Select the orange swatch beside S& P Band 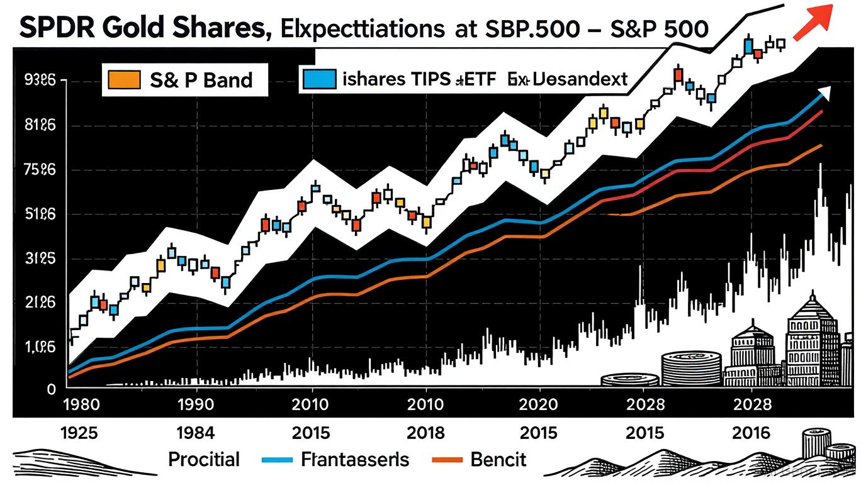click(x=123, y=80)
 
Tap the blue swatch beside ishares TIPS click(x=317, y=79)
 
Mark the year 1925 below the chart click(x=79, y=433)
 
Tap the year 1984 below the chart click(x=196, y=433)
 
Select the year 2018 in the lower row click(x=427, y=433)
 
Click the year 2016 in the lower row click(x=751, y=433)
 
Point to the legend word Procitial click(x=204, y=460)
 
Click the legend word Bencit click(x=498, y=460)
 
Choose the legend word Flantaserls click(x=355, y=460)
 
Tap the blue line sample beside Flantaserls click(x=278, y=460)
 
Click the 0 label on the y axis click(x=52, y=389)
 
